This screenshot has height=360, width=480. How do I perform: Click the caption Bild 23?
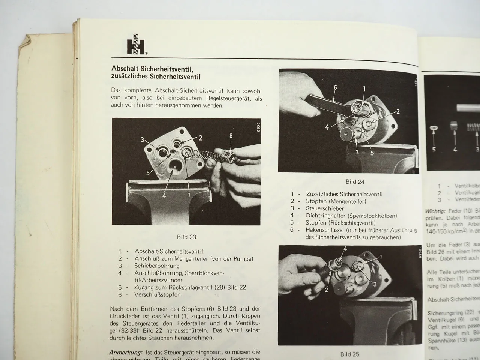[x=186, y=237]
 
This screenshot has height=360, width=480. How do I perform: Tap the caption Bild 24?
[x=355, y=182]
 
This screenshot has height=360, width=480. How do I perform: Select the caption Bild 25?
[x=349, y=354]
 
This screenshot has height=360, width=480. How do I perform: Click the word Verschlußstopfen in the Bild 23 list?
[x=157, y=294]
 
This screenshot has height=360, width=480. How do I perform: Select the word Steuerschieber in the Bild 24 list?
[x=325, y=208]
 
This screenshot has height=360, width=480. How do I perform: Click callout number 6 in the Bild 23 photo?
[x=231, y=136]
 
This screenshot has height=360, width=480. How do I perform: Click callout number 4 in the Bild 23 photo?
[x=163, y=195]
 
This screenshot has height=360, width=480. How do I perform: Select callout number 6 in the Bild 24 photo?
[x=335, y=88]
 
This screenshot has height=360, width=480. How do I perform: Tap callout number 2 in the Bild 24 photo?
[x=398, y=111]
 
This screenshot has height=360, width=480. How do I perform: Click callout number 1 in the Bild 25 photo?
[x=381, y=257]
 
